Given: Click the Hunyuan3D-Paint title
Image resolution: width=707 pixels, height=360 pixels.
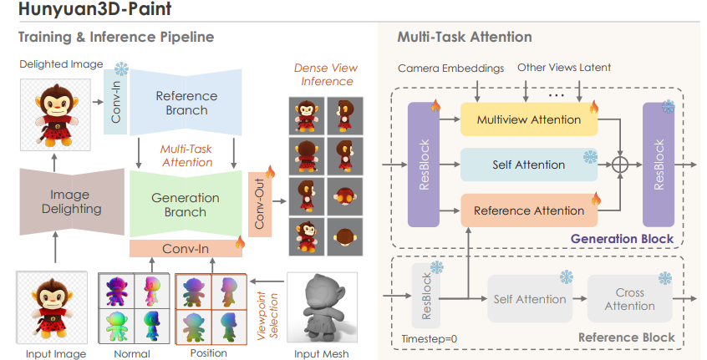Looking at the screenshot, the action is pyautogui.click(x=94, y=8).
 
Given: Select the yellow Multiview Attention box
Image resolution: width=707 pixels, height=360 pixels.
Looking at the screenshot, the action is pyautogui.click(x=529, y=119).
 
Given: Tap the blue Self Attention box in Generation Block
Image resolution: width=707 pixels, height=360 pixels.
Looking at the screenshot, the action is pyautogui.click(x=529, y=165).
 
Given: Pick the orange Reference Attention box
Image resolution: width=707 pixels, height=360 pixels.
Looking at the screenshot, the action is pyautogui.click(x=529, y=210).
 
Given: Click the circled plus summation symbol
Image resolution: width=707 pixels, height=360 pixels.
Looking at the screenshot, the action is pyautogui.click(x=620, y=165).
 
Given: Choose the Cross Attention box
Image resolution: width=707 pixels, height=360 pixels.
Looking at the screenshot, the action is pyautogui.click(x=630, y=299).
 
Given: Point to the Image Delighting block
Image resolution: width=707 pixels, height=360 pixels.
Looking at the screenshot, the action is pyautogui.click(x=72, y=202).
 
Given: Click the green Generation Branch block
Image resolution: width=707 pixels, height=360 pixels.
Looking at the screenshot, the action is pyautogui.click(x=186, y=204).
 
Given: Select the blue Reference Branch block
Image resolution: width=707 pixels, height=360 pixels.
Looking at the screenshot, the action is pyautogui.click(x=186, y=103).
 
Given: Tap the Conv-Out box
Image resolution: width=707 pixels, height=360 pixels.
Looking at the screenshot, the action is pyautogui.click(x=260, y=204).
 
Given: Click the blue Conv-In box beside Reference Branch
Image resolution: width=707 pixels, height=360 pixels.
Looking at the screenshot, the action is pyautogui.click(x=115, y=102).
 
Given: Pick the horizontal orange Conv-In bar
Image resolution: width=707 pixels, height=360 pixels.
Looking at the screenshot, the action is pyautogui.click(x=186, y=249).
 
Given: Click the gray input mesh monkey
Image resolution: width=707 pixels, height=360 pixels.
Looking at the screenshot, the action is pyautogui.click(x=323, y=309).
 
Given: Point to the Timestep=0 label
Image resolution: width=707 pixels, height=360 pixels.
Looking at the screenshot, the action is pyautogui.click(x=430, y=339).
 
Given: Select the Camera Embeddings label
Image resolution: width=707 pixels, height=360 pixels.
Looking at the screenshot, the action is pyautogui.click(x=451, y=68).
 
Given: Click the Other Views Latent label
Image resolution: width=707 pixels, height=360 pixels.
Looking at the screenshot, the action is pyautogui.click(x=564, y=68).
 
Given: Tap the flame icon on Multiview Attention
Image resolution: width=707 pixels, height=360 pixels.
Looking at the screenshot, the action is pyautogui.click(x=594, y=107).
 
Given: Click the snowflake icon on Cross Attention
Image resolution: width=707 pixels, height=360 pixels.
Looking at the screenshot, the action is pyautogui.click(x=665, y=277).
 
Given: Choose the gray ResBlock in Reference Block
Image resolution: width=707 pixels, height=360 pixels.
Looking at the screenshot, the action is pyautogui.click(x=426, y=296).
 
